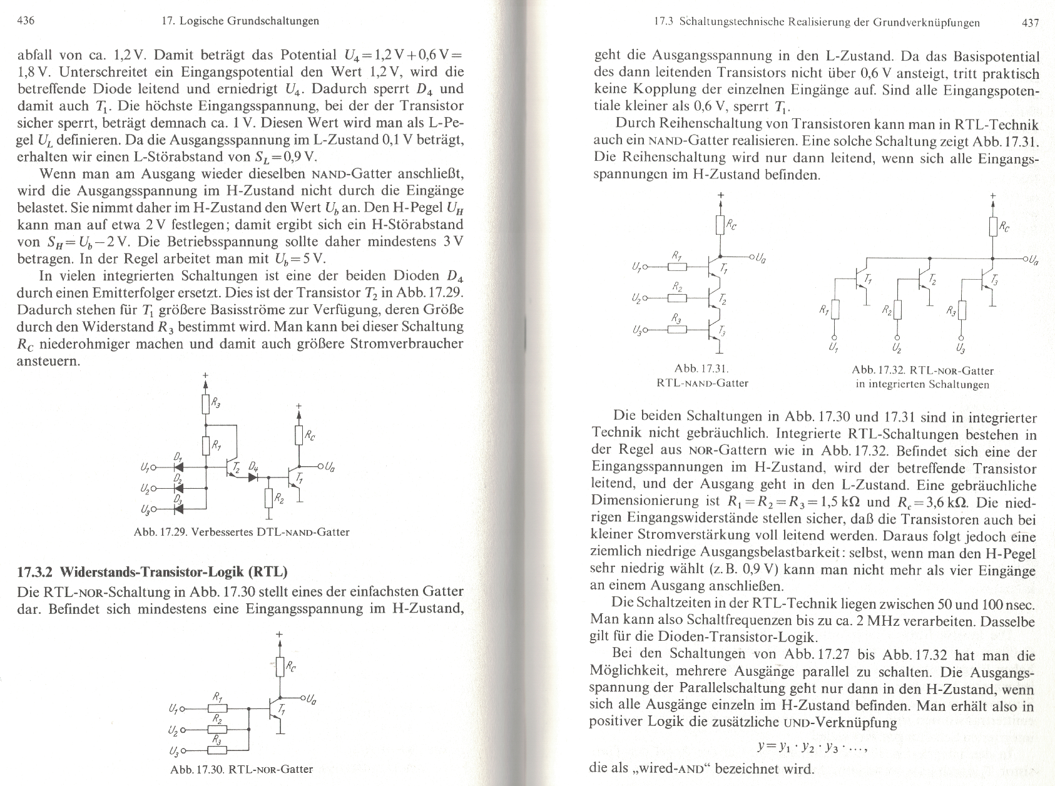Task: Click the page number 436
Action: pyautogui.click(x=25, y=21)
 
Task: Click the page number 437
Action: pyautogui.click(x=1029, y=23)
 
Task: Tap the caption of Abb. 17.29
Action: pyautogui.click(x=241, y=533)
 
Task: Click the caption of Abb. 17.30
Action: pyautogui.click(x=241, y=769)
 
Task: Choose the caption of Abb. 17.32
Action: pyautogui.click(x=922, y=377)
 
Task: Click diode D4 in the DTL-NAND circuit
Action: pyautogui.click(x=253, y=477)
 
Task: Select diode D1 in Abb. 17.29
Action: pyautogui.click(x=178, y=466)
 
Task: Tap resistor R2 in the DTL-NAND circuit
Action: pyautogui.click(x=269, y=499)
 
